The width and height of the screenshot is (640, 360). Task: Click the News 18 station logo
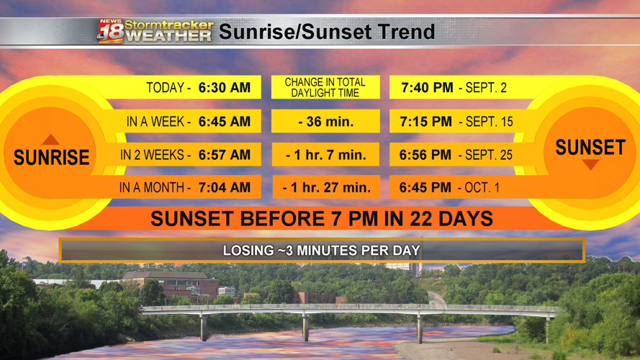[111, 31]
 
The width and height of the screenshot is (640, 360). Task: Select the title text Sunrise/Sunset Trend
[327, 32]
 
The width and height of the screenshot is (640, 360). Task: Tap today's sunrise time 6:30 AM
[225, 87]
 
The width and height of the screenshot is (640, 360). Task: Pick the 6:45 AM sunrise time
[225, 121]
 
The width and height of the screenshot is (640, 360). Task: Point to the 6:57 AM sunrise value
[225, 155]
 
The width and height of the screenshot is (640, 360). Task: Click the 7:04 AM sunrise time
[225, 187]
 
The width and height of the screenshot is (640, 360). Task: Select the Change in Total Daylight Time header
[325, 87]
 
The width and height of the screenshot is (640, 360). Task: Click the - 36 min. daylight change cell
[325, 121]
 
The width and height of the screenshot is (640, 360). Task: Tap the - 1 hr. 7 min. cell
[325, 155]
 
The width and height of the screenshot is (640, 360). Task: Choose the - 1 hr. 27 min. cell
[327, 187]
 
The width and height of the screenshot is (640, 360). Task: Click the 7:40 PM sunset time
[427, 87]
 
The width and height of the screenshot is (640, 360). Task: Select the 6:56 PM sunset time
[425, 155]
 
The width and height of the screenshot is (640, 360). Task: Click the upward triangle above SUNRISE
[50, 140]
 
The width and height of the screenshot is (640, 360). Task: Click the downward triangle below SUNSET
[590, 164]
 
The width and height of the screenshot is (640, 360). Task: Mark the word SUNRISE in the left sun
[51, 157]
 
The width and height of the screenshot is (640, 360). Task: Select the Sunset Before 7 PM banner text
[322, 218]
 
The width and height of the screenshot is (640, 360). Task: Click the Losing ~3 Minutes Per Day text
[322, 251]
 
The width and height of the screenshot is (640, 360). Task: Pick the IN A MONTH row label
[155, 187]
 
